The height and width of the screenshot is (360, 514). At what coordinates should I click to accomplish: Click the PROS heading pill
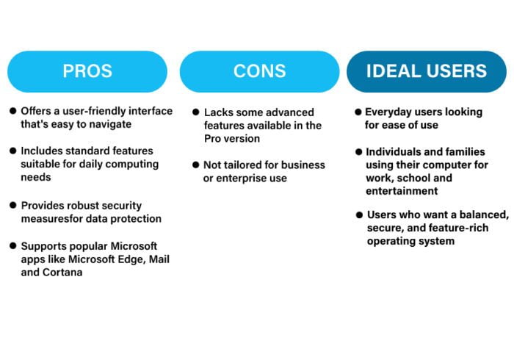[87, 71]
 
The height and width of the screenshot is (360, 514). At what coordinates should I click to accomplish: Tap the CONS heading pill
[260, 71]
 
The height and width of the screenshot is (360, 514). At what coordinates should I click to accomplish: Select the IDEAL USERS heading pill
[427, 71]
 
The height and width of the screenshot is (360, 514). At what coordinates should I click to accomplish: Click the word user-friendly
[94, 111]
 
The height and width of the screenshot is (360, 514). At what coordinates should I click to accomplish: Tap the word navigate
[110, 125]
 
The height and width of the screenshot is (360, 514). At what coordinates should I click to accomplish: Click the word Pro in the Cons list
[212, 138]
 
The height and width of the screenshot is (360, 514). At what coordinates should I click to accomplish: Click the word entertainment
[402, 191]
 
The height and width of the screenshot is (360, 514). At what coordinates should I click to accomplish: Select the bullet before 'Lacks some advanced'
[196, 112]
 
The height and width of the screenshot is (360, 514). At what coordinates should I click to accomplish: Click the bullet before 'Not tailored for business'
[196, 165]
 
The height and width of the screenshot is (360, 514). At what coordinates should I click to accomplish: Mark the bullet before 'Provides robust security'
[13, 205]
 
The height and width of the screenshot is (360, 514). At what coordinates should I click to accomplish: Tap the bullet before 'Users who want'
[359, 215]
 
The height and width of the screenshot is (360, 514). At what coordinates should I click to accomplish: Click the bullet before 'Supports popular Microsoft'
[13, 245]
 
